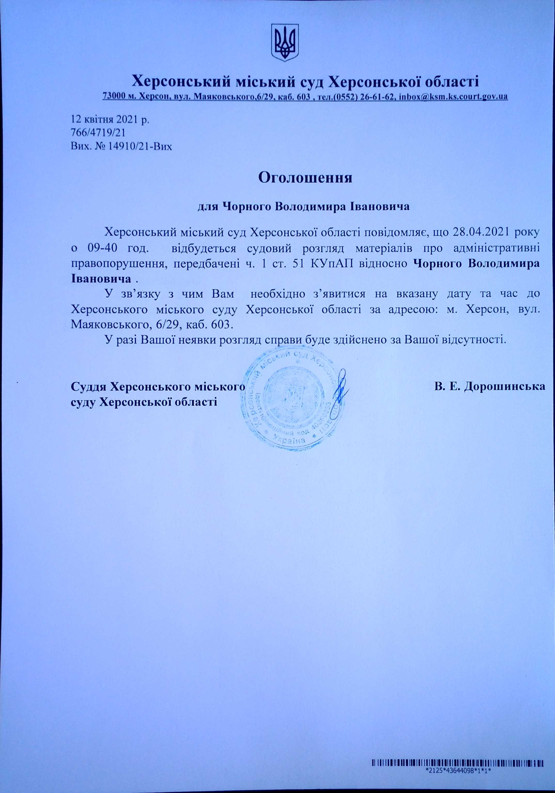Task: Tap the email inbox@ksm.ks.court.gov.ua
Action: click(453, 96)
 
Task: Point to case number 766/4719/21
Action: click(98, 133)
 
